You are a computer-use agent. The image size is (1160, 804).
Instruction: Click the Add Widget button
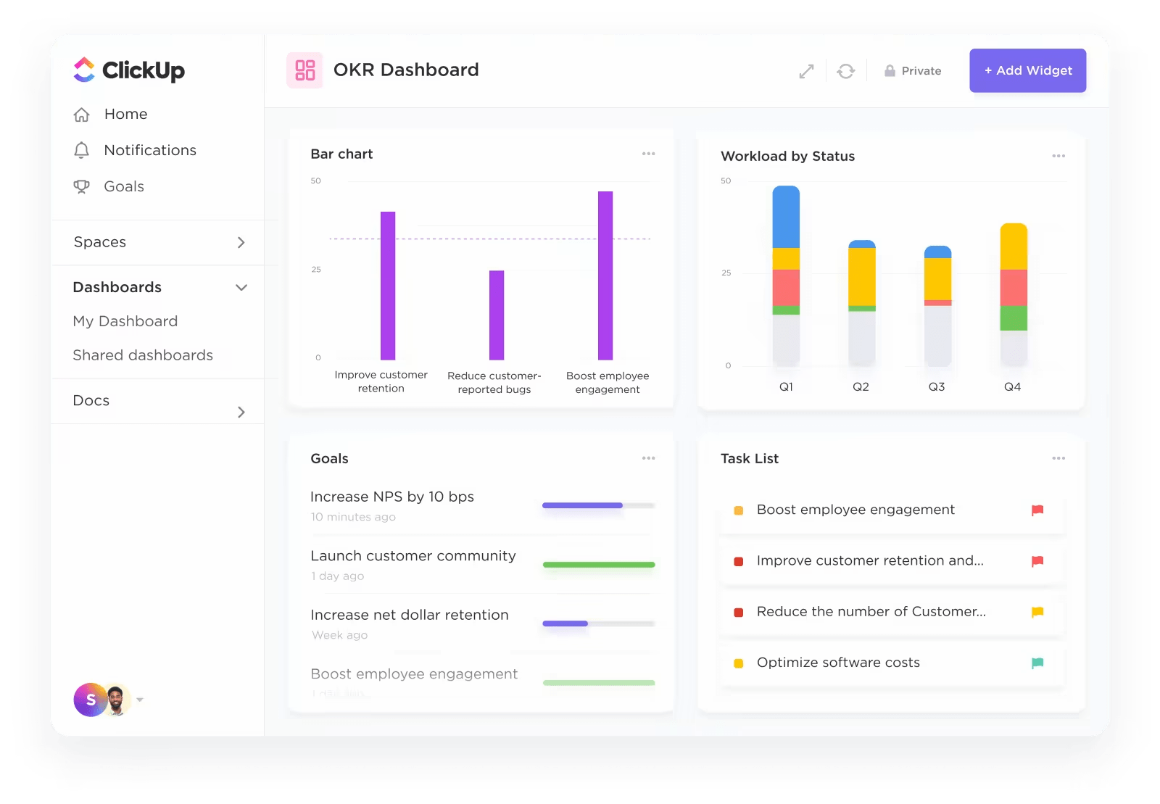pos(1027,70)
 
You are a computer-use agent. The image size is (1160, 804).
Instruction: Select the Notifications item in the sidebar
pos(149,150)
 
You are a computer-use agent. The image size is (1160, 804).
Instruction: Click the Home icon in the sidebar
pos(82,115)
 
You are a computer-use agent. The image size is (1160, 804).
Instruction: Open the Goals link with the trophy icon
pos(123,186)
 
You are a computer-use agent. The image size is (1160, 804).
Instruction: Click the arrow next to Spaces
pos(241,242)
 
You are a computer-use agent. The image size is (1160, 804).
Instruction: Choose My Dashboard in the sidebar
pos(125,321)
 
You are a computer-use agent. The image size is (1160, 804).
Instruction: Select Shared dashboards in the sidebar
pos(143,355)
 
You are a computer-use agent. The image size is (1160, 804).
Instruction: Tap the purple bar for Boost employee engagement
pos(605,275)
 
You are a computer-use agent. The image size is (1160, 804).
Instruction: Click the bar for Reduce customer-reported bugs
pos(497,315)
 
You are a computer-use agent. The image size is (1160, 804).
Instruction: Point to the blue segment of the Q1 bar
pos(786,217)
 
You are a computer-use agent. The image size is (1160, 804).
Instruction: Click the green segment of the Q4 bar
pos(1014,318)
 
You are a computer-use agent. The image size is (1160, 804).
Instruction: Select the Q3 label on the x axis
pos(937,387)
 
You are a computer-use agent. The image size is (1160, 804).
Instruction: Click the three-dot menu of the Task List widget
pos(1058,458)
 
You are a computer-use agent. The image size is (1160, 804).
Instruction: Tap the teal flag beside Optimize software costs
pos(1037,663)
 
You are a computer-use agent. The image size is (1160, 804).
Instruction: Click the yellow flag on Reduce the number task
pos(1037,612)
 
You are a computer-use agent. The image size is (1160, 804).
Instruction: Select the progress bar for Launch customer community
pos(599,564)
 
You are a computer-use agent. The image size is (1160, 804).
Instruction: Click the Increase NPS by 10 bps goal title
pos(391,497)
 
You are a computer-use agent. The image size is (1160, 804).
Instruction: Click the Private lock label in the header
pos(913,71)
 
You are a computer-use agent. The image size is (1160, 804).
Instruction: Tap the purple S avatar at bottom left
pos(91,700)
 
